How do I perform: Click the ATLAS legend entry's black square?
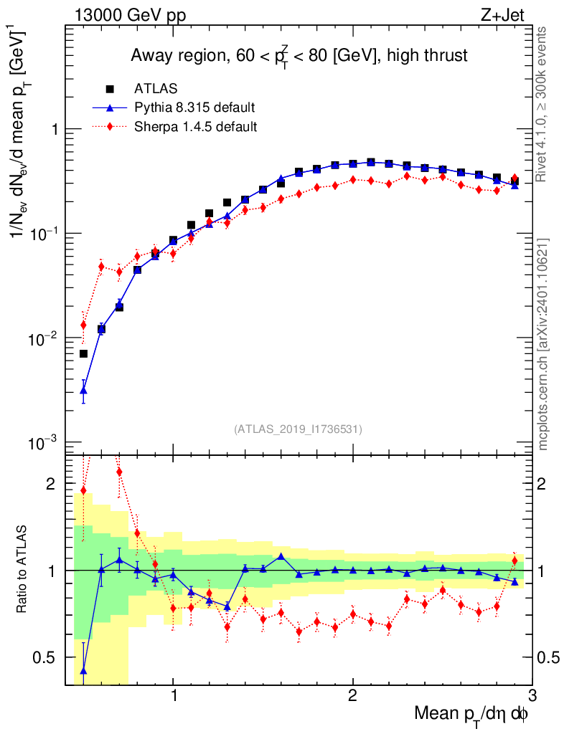pyautogui.click(x=110, y=90)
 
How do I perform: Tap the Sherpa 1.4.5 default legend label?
pyautogui.click(x=196, y=127)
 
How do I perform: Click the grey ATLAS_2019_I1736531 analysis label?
pyautogui.click(x=298, y=429)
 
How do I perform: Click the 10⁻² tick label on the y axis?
pyautogui.click(x=44, y=338)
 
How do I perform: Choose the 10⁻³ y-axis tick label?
pyautogui.click(x=44, y=442)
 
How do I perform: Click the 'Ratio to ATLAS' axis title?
pyautogui.click(x=23, y=571)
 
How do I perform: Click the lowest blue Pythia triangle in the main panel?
pyautogui.click(x=84, y=391)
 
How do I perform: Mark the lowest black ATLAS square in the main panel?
pyautogui.click(x=84, y=353)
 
